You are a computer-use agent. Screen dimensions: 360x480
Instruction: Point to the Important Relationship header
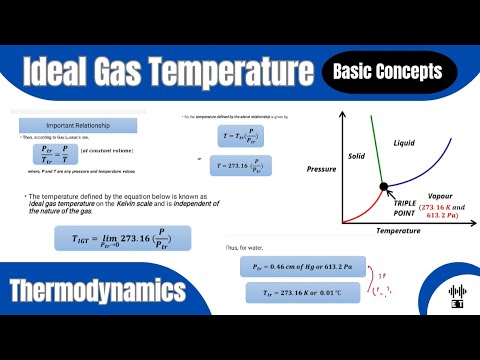tap(67, 128)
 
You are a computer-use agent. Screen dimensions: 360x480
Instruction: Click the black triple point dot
tap(383, 186)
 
